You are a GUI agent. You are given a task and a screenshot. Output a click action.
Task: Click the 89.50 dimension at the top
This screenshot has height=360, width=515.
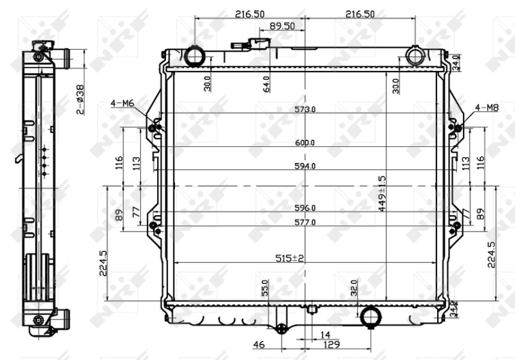pos(281,26)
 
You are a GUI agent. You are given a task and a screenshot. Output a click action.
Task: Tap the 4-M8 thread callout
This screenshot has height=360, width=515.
pos(487,108)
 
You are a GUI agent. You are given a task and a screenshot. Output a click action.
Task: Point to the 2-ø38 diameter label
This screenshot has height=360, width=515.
pos(80,99)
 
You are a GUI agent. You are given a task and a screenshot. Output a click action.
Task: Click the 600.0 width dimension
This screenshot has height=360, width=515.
pos(305,143)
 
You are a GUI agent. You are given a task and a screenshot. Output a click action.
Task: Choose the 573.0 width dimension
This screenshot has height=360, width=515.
pos(305,109)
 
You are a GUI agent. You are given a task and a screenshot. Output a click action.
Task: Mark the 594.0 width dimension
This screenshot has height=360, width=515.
pos(305,166)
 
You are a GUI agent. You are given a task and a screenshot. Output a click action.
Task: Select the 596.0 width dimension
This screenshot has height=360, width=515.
pos(305,208)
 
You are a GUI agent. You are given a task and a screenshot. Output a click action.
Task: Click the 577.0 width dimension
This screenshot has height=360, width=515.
pos(305,223)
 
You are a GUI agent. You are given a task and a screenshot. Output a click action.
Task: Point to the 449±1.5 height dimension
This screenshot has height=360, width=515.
pos(382,193)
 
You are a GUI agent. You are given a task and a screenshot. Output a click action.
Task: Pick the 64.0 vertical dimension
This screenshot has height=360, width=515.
pos(266,84)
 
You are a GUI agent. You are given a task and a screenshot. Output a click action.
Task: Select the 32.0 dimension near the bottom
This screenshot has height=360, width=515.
pos(353,287)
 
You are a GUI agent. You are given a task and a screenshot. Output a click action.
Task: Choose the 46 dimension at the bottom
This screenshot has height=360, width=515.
pos(259,346)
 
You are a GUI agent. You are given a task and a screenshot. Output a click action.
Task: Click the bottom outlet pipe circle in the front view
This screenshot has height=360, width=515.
pos(370,317)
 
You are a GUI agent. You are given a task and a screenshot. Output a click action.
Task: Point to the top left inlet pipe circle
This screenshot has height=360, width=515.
pos(194,56)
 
